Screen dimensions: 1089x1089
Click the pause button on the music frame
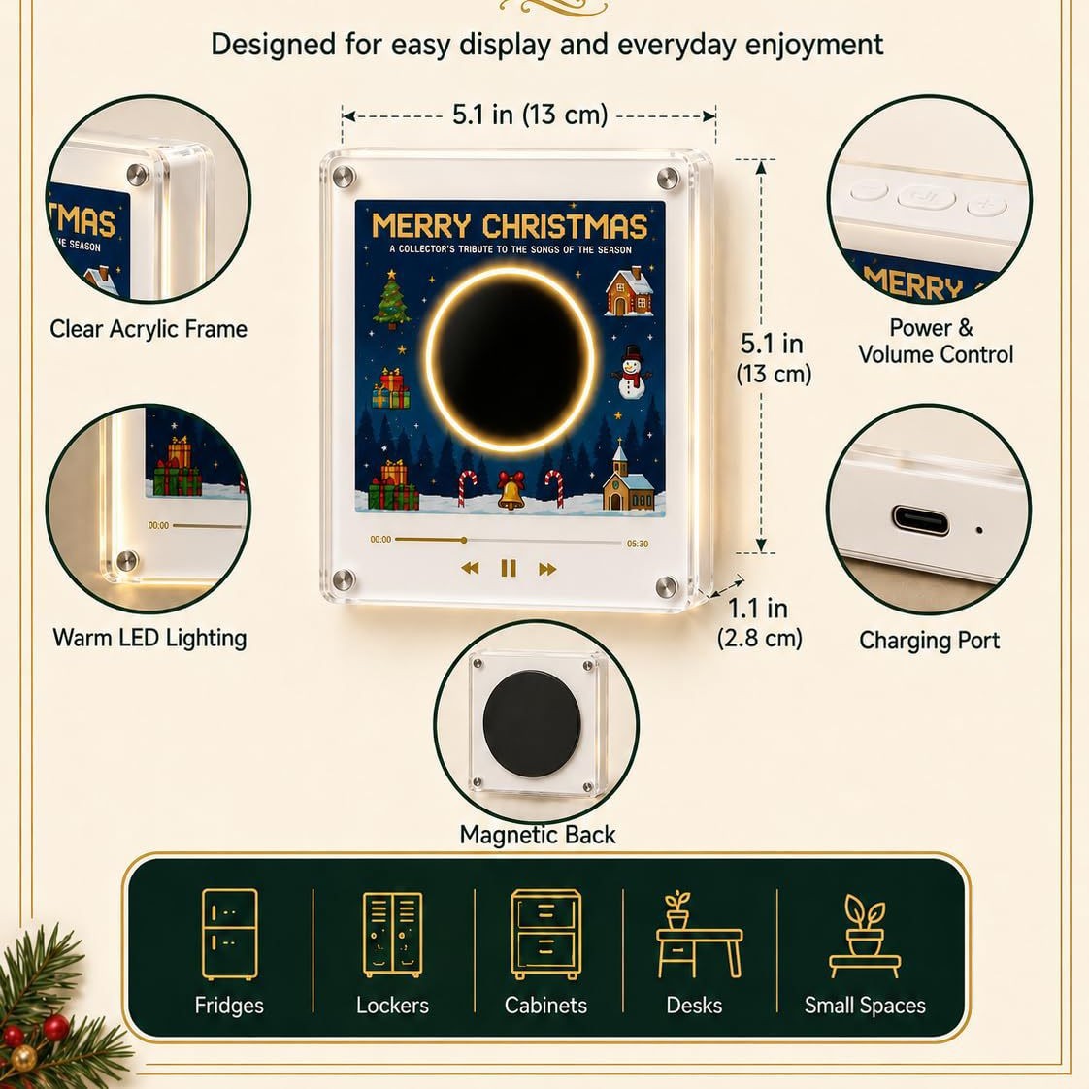(509, 569)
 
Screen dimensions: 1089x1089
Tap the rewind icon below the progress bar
(470, 568)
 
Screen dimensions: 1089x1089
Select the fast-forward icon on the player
(547, 569)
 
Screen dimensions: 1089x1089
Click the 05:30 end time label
(638, 544)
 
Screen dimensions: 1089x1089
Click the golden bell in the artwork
(511, 489)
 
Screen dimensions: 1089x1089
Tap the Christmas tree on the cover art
(392, 299)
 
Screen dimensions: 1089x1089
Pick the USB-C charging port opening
(920, 520)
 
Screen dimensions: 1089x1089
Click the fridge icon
(229, 934)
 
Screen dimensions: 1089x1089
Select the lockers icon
(392, 934)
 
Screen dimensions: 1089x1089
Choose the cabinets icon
(545, 934)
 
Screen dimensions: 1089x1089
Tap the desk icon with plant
(700, 934)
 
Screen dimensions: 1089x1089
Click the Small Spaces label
(865, 1005)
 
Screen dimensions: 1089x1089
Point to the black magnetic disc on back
(532, 724)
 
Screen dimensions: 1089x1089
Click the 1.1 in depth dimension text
(758, 609)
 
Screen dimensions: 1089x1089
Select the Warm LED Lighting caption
(150, 638)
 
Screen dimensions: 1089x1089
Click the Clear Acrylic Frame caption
(148, 328)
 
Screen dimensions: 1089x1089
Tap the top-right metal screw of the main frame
(668, 178)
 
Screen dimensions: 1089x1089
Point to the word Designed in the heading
(272, 46)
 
